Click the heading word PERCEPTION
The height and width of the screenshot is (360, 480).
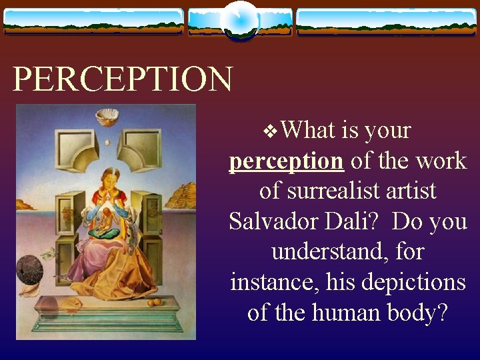[x=123, y=79]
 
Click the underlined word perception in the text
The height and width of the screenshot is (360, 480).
[x=286, y=161]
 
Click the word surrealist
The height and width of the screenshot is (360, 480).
[x=347, y=191]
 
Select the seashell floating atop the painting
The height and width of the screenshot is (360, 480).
[x=107, y=117]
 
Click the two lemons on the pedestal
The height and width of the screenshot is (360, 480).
[x=154, y=303]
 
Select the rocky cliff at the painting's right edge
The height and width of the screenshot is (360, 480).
[x=181, y=196]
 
